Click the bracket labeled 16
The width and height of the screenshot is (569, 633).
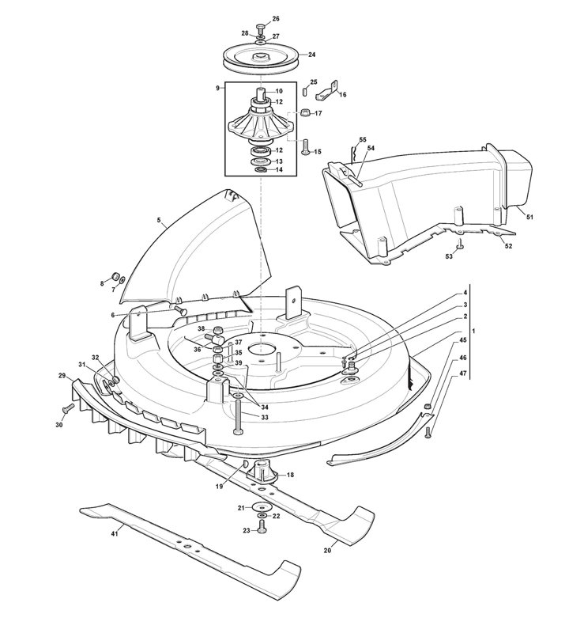click(x=327, y=91)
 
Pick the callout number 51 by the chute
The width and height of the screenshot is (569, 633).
click(x=530, y=217)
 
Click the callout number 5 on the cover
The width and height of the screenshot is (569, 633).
click(x=159, y=220)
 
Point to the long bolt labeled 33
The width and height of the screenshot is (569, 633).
click(x=238, y=417)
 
